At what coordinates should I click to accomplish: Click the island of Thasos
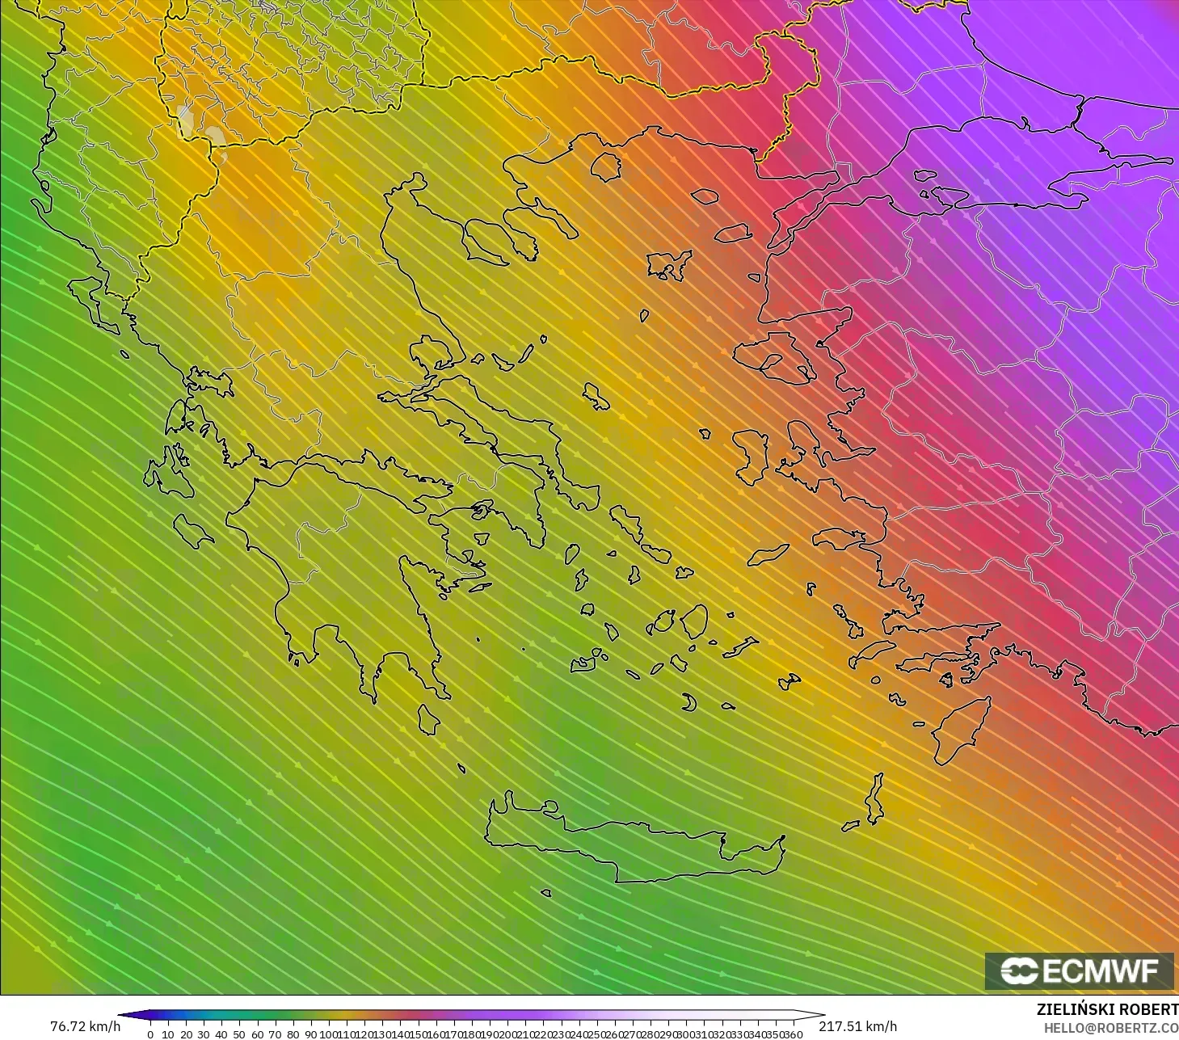605,166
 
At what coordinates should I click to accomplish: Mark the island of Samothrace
705,196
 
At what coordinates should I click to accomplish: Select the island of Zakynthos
193,531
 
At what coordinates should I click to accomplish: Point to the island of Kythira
428,719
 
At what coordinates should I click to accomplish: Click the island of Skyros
596,396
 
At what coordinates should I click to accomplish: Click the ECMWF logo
1080,971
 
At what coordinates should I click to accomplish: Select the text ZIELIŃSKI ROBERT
1107,1010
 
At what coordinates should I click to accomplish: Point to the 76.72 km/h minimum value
85,1026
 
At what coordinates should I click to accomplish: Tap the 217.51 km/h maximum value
857,1026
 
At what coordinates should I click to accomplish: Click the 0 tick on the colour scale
150,1034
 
